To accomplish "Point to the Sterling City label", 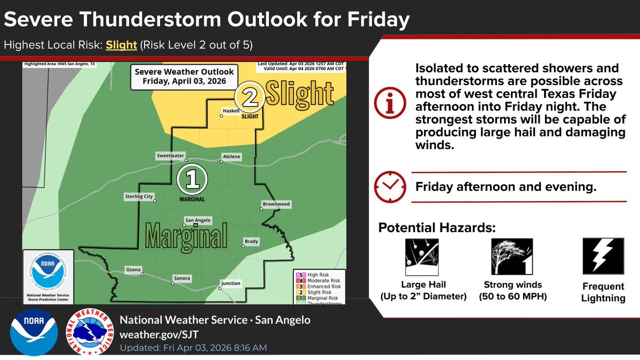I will pyautogui.click(x=138, y=197).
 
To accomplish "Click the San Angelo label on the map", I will pyautogui.click(x=198, y=220).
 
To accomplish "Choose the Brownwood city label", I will pyautogui.click(x=276, y=204).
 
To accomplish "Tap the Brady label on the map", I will pyautogui.click(x=251, y=242).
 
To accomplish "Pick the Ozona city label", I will pyautogui.click(x=133, y=269).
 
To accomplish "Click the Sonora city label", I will pyautogui.click(x=182, y=278).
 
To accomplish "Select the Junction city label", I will pyautogui.click(x=230, y=283).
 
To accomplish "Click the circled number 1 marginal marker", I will pyautogui.click(x=191, y=181).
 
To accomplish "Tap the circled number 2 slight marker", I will pyautogui.click(x=249, y=97).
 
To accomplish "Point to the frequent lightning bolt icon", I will pyautogui.click(x=603, y=256).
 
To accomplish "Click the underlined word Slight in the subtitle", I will pyautogui.click(x=121, y=45).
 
